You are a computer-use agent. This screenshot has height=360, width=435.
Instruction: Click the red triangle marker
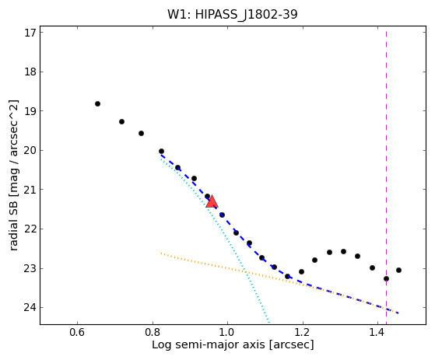[x=212, y=201]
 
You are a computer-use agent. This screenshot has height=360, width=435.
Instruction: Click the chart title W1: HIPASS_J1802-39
[x=232, y=14]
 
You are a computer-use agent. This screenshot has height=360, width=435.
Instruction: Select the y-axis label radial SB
[x=13, y=225]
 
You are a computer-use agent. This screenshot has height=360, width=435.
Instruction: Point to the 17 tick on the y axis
[x=30, y=33]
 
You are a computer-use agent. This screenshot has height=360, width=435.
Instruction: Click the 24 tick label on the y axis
[x=30, y=308]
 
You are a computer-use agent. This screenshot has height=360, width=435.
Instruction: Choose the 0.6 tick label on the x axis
[x=77, y=332]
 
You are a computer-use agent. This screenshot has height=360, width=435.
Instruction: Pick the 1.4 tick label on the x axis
[x=377, y=332]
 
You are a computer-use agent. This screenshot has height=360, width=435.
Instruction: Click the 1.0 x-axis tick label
[x=227, y=332]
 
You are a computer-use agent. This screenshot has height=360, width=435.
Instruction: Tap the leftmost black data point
[x=97, y=104]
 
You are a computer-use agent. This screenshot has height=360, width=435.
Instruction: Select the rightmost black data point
[x=398, y=271]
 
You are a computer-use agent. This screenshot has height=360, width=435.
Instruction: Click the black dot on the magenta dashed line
[x=386, y=279]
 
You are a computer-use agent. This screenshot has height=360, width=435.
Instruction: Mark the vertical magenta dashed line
[x=386, y=178]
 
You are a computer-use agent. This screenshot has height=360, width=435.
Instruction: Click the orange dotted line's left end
[x=161, y=253]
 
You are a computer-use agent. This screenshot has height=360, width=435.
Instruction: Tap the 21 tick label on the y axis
[x=30, y=190]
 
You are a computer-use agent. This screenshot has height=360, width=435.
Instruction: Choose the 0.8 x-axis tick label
[x=153, y=332]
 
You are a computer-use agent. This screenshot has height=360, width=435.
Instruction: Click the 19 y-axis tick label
[x=30, y=111]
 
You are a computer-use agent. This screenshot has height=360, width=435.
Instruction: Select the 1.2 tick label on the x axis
[x=303, y=332]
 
